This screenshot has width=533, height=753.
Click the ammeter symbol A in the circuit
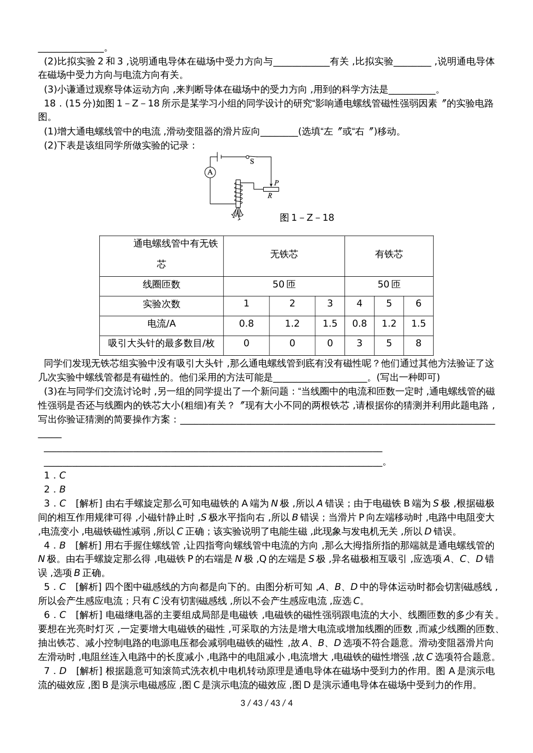(x=209, y=173)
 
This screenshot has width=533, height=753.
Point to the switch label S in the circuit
(x=252, y=161)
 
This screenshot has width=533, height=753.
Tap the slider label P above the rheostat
(x=276, y=183)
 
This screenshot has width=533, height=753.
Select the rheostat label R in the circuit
(x=270, y=196)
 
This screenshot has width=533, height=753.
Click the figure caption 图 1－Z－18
(x=306, y=217)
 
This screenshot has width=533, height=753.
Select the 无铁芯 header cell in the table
(x=284, y=254)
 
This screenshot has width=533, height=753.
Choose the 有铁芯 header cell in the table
(x=389, y=254)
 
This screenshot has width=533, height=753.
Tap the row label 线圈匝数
(x=162, y=285)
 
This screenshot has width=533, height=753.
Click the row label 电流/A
(x=162, y=323)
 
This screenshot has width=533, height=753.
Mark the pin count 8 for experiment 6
(x=418, y=343)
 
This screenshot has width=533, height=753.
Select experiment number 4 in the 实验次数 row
(x=359, y=304)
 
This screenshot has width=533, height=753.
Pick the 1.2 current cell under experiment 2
(x=292, y=323)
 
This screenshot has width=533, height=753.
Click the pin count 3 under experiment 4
(x=359, y=343)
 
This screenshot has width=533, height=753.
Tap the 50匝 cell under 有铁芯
(x=389, y=285)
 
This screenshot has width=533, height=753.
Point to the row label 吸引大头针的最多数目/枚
(x=162, y=343)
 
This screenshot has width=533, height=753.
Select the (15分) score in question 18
(x=80, y=103)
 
